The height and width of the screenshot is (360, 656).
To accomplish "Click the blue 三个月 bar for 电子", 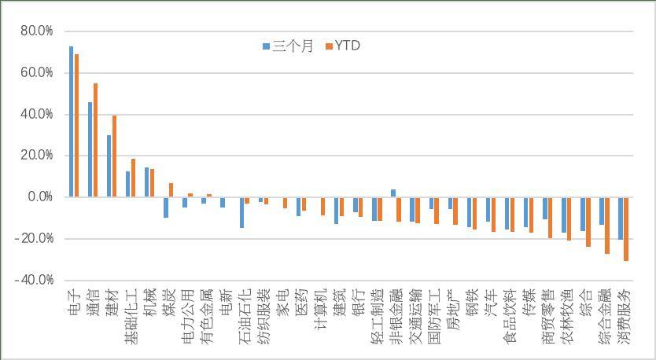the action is pyautogui.click(x=71, y=121).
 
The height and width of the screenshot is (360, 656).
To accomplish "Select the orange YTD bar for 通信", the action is pyautogui.click(x=95, y=140).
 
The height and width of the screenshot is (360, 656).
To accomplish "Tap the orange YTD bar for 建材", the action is pyautogui.click(x=114, y=156).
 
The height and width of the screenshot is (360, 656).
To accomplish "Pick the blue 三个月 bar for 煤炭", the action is pyautogui.click(x=166, y=208).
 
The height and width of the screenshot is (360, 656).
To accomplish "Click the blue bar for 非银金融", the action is pyautogui.click(x=393, y=193).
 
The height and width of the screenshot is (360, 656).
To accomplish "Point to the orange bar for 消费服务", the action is pyautogui.click(x=626, y=230).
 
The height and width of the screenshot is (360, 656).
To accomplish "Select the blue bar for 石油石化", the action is pyautogui.click(x=241, y=212).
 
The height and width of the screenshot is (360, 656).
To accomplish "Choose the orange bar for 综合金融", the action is pyautogui.click(x=607, y=226).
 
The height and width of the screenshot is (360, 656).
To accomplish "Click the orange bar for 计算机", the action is pyautogui.click(x=323, y=206).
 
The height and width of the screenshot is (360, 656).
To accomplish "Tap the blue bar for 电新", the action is pyautogui.click(x=223, y=202).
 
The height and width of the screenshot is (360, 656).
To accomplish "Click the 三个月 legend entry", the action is pyautogui.click(x=288, y=46).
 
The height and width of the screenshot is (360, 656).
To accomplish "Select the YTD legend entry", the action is pyautogui.click(x=343, y=46).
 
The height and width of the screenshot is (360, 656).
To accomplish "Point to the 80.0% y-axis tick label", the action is pyautogui.click(x=37, y=31).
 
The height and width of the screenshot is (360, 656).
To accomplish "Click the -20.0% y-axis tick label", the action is pyautogui.click(x=35, y=239).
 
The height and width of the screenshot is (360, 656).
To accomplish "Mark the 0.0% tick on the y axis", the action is pyautogui.click(x=40, y=197).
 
